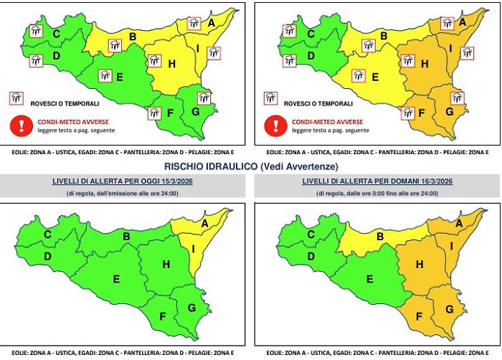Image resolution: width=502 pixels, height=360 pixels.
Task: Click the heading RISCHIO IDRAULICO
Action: (210, 166)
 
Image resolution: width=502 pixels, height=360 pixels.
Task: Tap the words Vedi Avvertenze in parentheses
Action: (300, 166)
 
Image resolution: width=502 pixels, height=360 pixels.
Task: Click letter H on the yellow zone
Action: (172, 64)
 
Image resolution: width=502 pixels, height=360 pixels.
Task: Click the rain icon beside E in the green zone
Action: (105, 75)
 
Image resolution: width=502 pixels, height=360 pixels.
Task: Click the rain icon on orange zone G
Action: (457, 98)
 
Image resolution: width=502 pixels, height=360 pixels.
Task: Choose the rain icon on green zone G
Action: (204, 97)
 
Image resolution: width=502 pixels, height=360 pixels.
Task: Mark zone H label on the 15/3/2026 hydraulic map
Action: (166, 265)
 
